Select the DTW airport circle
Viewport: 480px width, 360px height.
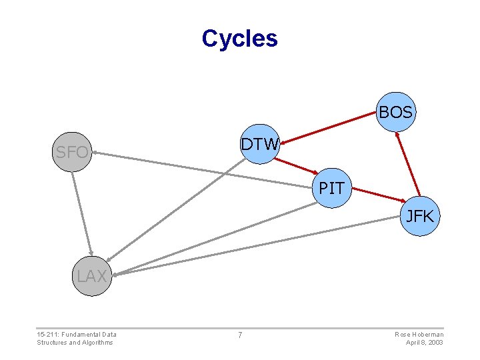(x=260, y=144)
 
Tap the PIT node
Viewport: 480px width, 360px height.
(x=331, y=188)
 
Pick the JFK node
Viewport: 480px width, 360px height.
(x=420, y=216)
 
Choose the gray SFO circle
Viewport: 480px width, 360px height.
(x=71, y=152)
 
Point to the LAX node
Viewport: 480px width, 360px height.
(x=91, y=275)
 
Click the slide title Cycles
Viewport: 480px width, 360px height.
(x=239, y=38)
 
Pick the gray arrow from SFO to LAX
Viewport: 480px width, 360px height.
(x=81, y=213)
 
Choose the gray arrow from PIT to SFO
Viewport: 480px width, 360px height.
(x=200, y=169)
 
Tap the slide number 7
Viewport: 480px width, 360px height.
(x=240, y=335)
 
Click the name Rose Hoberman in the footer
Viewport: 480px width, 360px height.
(x=419, y=334)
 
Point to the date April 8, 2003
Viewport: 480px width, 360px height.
(x=425, y=343)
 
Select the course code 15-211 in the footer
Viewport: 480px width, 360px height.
(x=49, y=334)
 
